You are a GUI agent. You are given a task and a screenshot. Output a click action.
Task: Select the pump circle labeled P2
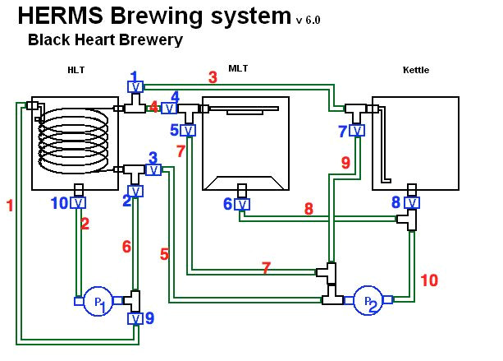[368, 301]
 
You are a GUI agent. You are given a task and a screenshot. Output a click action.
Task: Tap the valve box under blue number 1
[135, 86]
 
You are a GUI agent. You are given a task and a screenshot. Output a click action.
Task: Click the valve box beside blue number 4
[168, 108]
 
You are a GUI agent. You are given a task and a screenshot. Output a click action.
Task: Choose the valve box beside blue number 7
[357, 130]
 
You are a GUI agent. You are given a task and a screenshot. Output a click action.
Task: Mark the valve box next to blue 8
[412, 202]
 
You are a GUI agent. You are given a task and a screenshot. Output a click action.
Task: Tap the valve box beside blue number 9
[135, 318]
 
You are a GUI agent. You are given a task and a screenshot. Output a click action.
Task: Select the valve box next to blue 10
[79, 202]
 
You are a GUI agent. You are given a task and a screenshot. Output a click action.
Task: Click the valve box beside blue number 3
[153, 169]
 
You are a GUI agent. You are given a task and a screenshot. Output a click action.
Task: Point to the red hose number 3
[213, 77]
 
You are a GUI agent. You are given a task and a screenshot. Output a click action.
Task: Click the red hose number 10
[429, 280]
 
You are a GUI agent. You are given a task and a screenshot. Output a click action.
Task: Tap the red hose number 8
[309, 209]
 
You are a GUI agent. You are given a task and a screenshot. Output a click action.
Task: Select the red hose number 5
[165, 254]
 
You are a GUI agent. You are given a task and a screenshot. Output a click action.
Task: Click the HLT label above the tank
[75, 70]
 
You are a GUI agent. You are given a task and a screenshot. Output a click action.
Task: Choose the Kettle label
[415, 70]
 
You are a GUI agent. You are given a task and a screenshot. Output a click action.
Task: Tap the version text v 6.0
[308, 20]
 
